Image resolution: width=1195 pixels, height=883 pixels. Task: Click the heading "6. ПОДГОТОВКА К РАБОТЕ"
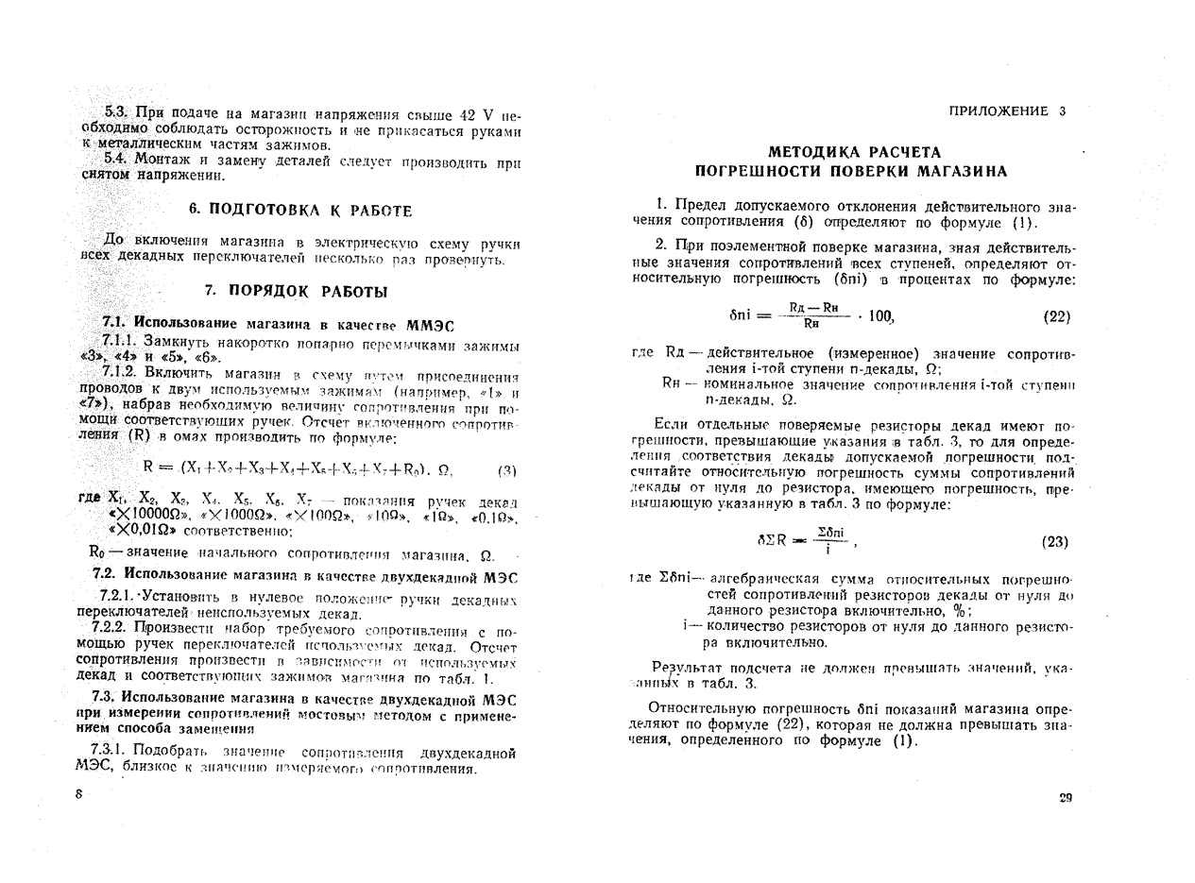(x=299, y=210)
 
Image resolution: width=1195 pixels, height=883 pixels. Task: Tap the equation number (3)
(x=506, y=469)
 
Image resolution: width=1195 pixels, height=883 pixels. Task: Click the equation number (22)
(x=1056, y=317)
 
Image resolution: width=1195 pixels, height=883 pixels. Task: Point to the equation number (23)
(x=1054, y=542)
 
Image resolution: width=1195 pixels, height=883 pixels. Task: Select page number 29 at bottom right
(x=1065, y=798)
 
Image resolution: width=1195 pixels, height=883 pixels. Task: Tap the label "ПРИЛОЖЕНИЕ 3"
(x=1007, y=110)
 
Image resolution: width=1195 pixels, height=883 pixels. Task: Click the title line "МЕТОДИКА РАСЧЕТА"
(x=854, y=151)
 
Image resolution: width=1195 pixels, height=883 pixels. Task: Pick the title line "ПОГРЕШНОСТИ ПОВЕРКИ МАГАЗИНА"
(x=851, y=171)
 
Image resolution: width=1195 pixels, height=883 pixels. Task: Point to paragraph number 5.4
(x=116, y=159)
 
